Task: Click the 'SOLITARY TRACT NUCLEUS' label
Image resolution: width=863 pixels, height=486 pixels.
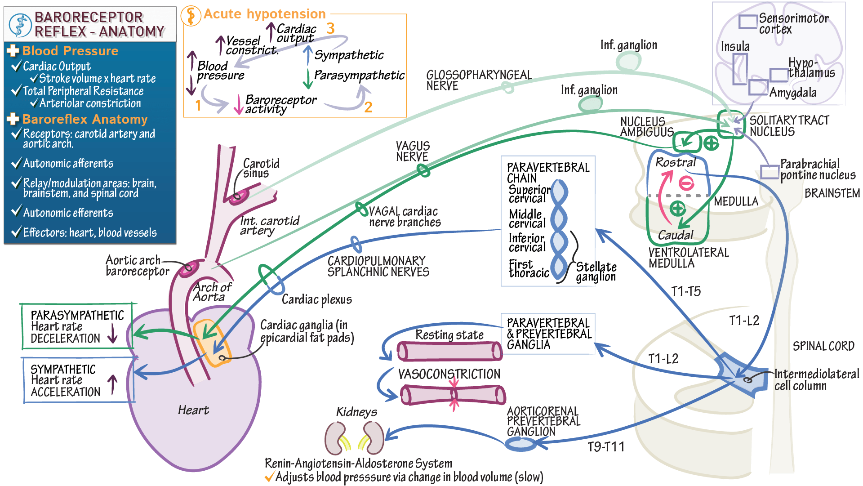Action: (x=789, y=126)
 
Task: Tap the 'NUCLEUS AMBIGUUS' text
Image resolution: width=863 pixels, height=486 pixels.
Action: (x=646, y=127)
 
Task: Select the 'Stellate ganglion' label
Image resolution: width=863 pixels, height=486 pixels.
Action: (x=596, y=272)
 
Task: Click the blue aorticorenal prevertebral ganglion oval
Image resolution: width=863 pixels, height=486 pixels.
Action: (x=520, y=444)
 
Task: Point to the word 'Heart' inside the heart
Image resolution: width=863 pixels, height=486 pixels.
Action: (x=193, y=410)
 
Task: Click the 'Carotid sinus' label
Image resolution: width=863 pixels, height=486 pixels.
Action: (x=261, y=168)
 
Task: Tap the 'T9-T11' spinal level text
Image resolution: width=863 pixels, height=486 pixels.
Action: (x=606, y=447)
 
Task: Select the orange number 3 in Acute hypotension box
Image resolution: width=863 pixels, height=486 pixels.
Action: (x=330, y=28)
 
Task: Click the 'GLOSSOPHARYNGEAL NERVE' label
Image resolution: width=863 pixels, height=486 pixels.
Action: (x=478, y=80)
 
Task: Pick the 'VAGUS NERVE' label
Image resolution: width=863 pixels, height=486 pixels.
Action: (x=413, y=151)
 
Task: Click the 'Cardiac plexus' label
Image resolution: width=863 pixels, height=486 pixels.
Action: (x=316, y=299)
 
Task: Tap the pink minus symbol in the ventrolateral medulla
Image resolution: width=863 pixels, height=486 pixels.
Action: (x=686, y=183)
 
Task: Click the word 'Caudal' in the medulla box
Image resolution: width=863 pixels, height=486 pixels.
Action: (x=676, y=235)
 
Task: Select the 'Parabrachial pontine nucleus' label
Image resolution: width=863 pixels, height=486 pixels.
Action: (x=817, y=169)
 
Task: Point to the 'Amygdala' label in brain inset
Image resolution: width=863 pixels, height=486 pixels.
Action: (x=792, y=93)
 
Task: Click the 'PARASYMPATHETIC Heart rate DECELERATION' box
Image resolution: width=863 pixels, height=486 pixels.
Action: (x=76, y=326)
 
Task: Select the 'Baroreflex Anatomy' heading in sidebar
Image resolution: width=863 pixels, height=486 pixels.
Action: (x=85, y=119)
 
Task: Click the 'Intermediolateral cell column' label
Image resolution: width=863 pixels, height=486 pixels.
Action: (x=816, y=380)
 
